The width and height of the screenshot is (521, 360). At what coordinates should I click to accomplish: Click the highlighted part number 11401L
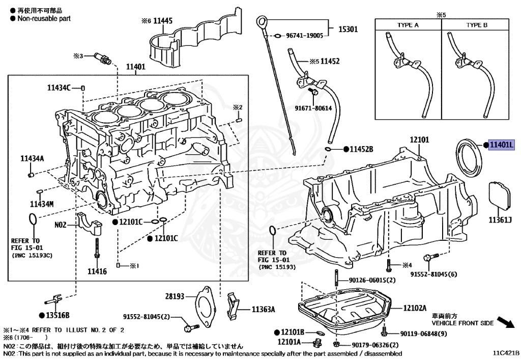pyautogui.click(x=502, y=145)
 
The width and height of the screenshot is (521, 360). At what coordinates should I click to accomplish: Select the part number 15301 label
pyautogui.click(x=348, y=30)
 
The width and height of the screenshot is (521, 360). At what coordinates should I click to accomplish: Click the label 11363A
pyautogui.click(x=263, y=309)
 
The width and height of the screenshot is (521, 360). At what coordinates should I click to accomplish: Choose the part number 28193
pyautogui.click(x=174, y=296)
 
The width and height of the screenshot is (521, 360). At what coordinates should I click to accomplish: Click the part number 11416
pyautogui.click(x=97, y=271)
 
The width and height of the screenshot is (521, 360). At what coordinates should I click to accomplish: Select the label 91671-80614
pyautogui.click(x=313, y=108)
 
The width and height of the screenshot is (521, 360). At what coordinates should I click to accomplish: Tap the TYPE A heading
pyautogui.click(x=408, y=25)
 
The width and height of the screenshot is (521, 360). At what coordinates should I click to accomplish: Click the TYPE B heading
pyautogui.click(x=477, y=25)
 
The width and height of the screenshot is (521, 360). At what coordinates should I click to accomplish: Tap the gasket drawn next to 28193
pyautogui.click(x=206, y=306)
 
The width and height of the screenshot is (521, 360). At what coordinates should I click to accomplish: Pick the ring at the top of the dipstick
pyautogui.click(x=262, y=22)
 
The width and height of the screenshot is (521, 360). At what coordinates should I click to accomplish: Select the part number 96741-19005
pyautogui.click(x=304, y=36)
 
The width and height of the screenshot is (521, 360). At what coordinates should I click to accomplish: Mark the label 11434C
pyautogui.click(x=59, y=88)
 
